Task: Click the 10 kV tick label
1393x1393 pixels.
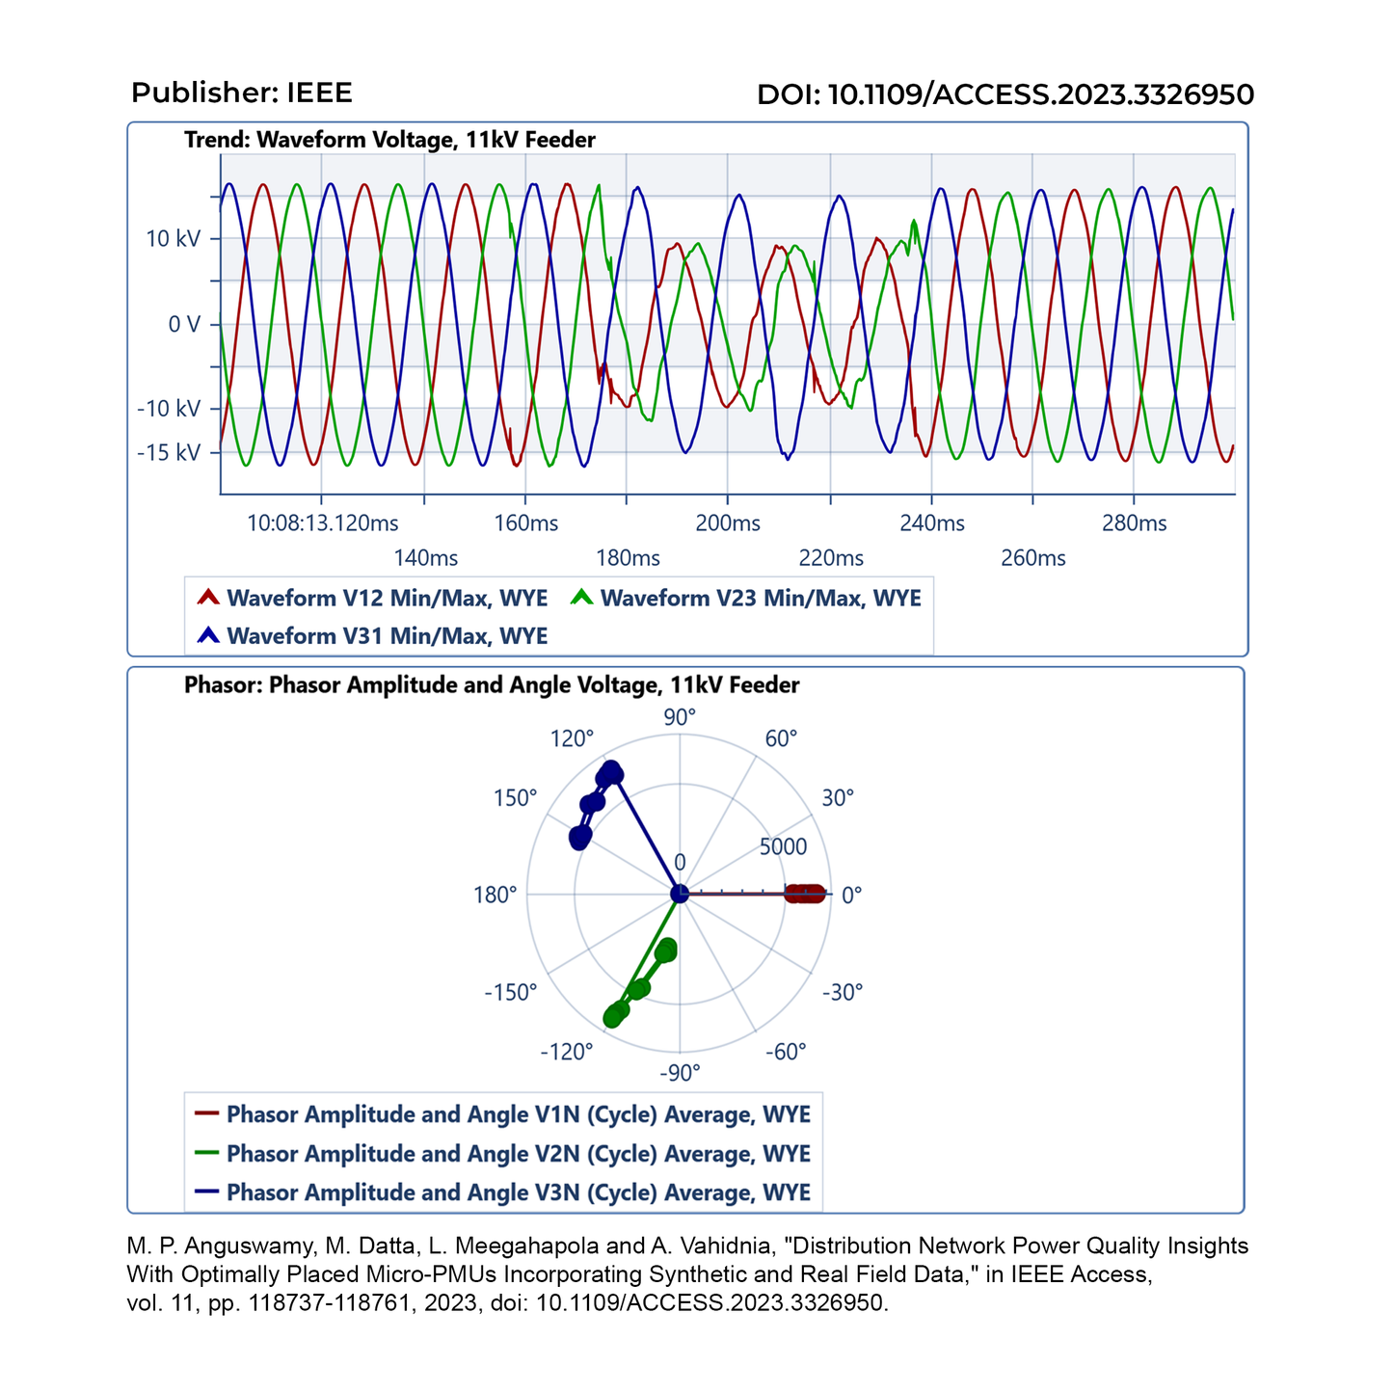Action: point(173,238)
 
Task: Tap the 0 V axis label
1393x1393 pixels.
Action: point(183,324)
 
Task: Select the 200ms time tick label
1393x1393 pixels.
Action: point(728,523)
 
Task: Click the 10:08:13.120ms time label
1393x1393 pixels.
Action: point(323,523)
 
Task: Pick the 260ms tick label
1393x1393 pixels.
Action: point(1033,558)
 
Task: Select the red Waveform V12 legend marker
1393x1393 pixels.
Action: point(208,598)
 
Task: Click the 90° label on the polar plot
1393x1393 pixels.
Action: point(680,717)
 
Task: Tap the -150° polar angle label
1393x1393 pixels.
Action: point(510,992)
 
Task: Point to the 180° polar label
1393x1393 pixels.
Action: point(496,895)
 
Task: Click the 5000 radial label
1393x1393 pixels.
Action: point(783,847)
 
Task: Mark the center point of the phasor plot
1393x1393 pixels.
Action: point(680,895)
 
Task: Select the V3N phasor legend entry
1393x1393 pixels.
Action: point(518,1192)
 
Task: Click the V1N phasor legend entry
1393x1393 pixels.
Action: point(518,1114)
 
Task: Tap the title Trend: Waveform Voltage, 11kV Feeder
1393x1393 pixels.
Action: point(389,140)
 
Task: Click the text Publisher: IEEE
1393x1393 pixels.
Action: point(242,93)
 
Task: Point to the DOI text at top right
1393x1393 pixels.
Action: point(1005,94)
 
